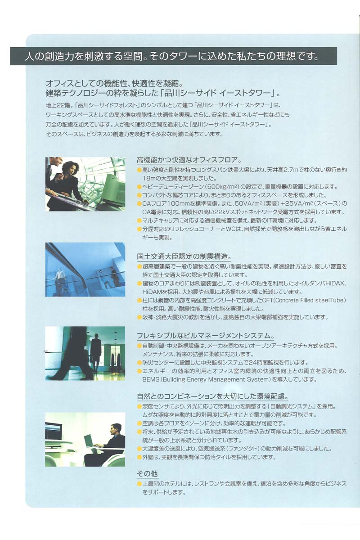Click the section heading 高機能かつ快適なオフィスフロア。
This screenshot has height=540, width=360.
189,160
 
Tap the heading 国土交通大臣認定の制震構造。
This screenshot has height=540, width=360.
184,256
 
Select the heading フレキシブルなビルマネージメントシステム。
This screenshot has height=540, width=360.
206,336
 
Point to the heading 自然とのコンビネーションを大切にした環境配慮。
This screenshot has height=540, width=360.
213,396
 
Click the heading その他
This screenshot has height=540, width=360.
147,474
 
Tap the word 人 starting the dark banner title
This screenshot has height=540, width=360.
29,56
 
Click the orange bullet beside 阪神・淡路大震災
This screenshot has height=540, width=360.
139,317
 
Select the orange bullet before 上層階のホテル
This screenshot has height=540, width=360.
139,484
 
